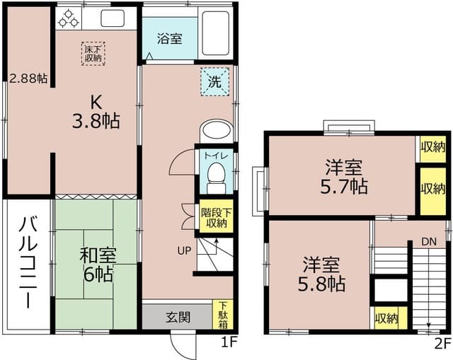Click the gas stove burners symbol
click(68, 18)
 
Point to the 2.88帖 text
click(28, 79)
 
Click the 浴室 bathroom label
click(169, 37)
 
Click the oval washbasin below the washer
click(215, 132)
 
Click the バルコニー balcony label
click(28, 263)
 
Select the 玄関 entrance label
click(178, 318)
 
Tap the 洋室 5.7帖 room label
click(345, 178)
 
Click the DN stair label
click(429, 241)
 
